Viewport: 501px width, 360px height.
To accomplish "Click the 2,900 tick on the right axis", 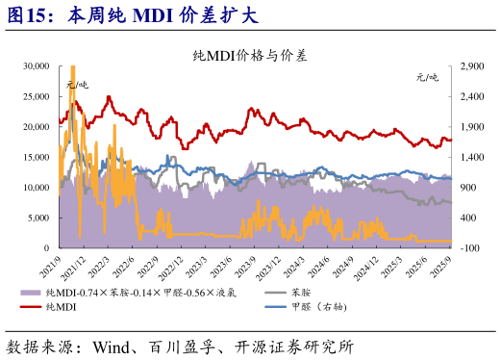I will click(x=470, y=65).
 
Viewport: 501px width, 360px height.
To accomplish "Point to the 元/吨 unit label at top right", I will click(x=427, y=77).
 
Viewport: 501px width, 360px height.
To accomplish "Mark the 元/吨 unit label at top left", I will click(x=76, y=85).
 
